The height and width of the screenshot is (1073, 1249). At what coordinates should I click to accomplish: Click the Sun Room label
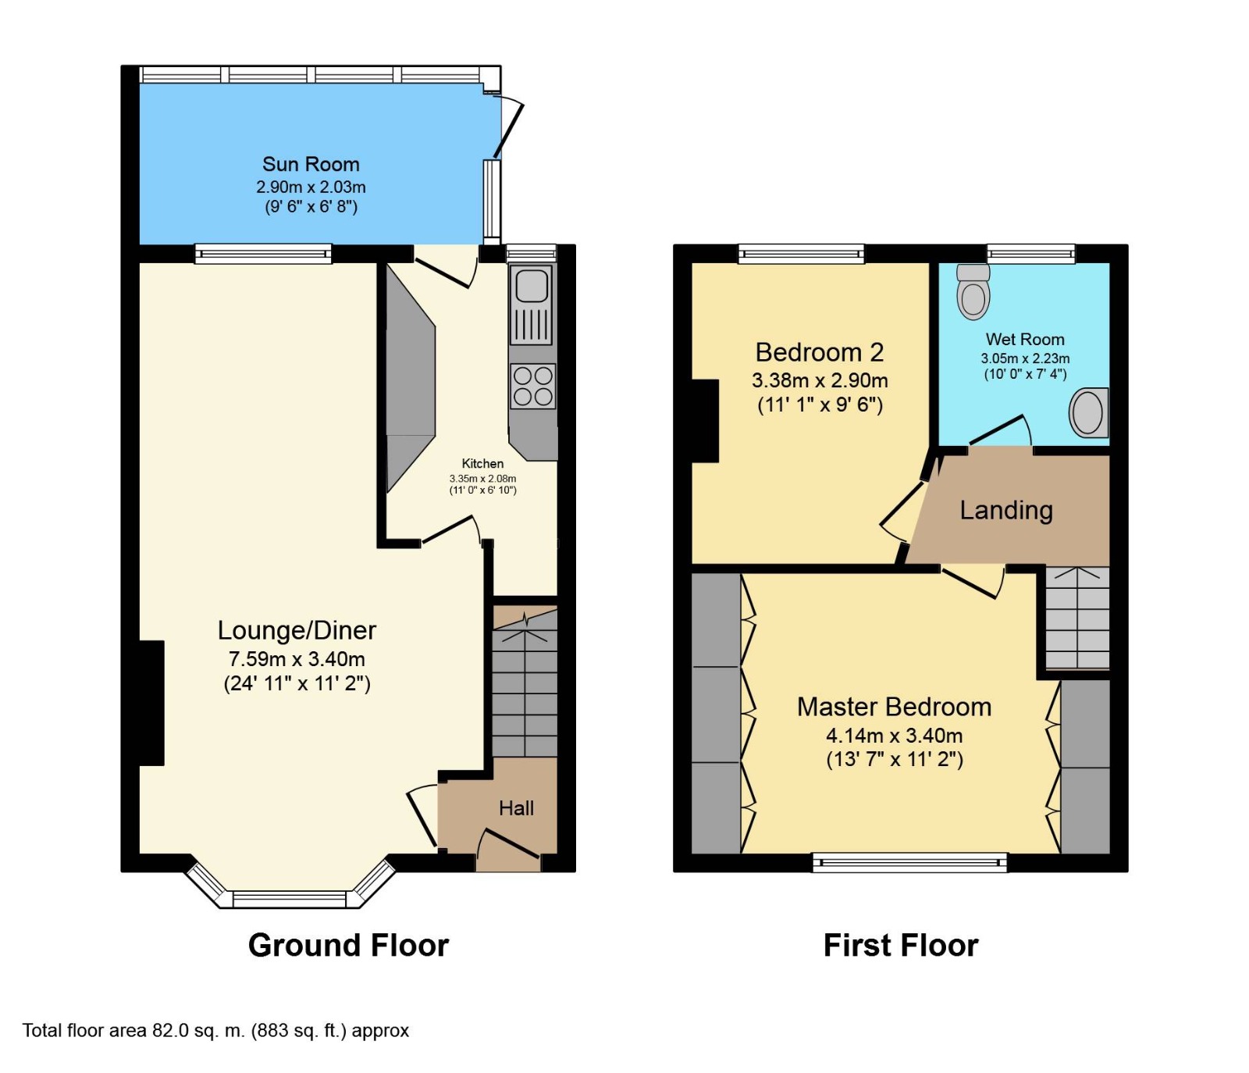pos(311,164)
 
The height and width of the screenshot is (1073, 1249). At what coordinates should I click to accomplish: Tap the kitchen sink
pos(532,305)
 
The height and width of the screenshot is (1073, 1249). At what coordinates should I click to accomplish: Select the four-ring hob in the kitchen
pos(533,386)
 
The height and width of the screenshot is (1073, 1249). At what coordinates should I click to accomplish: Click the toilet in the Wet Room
pos(973,291)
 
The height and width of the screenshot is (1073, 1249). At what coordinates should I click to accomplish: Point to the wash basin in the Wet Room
pos(1088,412)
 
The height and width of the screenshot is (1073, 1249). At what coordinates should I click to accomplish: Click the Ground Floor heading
pos(348,945)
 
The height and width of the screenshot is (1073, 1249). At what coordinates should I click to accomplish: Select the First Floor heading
pos(901,945)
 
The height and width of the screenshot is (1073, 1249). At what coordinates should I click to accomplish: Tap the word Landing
pos(1006,510)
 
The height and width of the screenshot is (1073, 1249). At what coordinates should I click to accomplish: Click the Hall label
pos(517,808)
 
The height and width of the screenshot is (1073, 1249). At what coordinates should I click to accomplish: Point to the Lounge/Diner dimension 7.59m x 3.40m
pos(297,658)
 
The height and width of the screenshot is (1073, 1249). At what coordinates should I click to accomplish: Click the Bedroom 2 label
pos(820,352)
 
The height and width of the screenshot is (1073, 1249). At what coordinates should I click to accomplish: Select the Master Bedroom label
pos(895,707)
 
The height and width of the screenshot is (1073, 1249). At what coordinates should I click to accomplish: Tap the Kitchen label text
pos(482,464)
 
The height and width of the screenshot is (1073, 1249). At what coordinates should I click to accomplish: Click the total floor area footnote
pos(215,1031)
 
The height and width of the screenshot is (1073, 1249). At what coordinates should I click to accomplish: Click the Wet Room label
pos(1025,339)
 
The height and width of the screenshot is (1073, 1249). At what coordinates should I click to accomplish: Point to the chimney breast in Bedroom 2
pos(706,421)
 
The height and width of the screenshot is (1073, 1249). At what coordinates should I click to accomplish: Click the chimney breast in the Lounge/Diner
pos(151,703)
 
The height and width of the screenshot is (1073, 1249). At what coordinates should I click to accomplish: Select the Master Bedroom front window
pos(909,862)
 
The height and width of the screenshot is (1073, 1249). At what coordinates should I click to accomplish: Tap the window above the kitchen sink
pos(531,252)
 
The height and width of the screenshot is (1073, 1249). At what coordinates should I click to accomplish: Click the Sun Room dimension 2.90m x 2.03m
pos(311,187)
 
